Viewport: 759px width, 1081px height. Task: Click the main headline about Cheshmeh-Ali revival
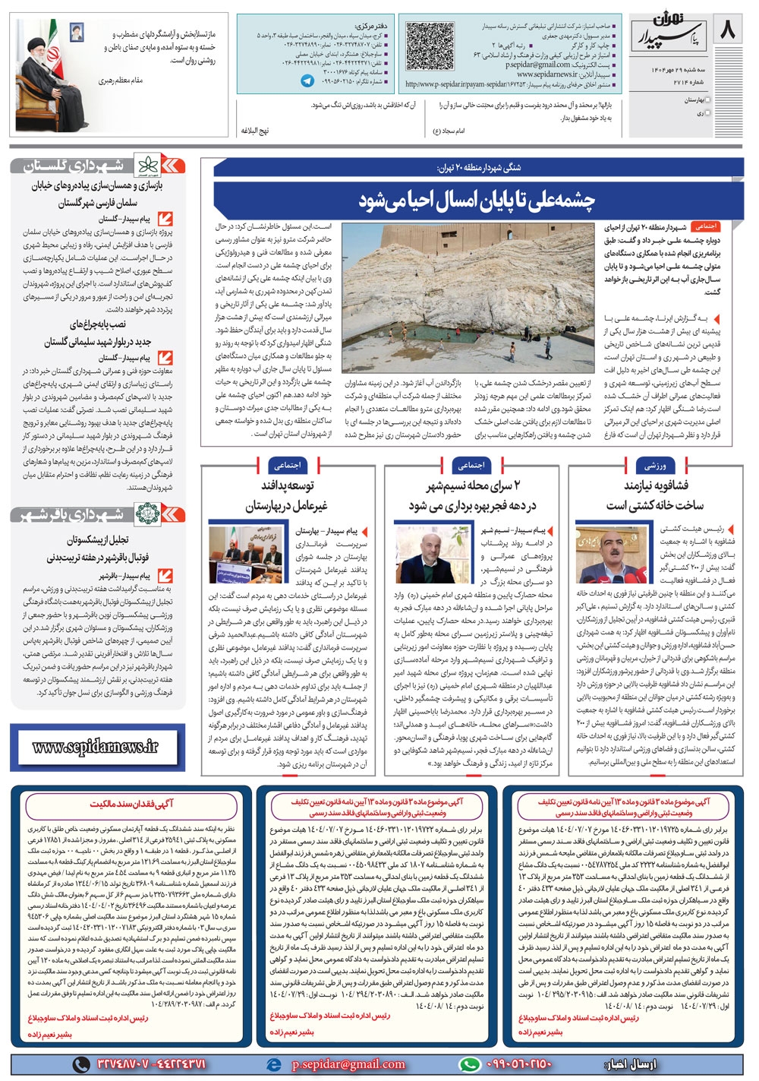(477, 201)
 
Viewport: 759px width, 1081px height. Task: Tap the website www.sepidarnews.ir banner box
(96, 747)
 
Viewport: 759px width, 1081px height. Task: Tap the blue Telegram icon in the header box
(307, 81)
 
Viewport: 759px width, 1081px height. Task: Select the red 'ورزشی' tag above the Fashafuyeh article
(655, 465)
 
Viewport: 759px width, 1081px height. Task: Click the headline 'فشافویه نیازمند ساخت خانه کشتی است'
(655, 495)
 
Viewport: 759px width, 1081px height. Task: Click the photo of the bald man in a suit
(431, 555)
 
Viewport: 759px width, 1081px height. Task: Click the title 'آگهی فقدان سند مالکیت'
(132, 804)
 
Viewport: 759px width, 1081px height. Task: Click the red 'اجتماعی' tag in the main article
(706, 226)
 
